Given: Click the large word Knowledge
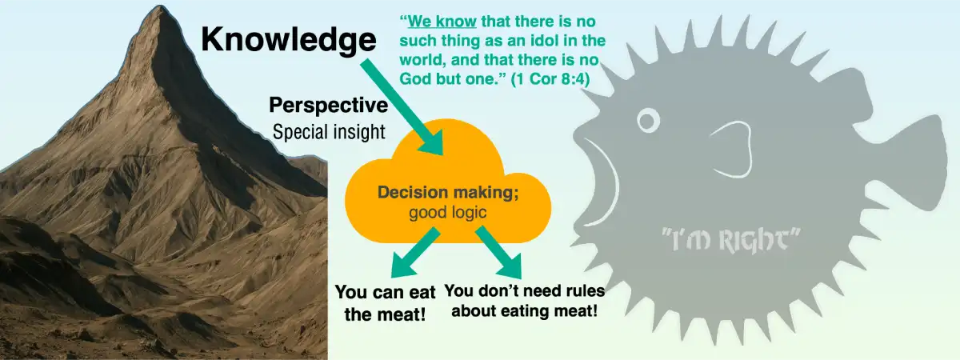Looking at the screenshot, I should [x=288, y=39].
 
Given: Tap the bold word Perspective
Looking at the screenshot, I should [x=329, y=106].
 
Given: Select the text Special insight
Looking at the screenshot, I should [x=329, y=132].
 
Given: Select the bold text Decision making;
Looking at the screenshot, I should [x=448, y=193].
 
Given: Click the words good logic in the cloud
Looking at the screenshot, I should [x=448, y=212].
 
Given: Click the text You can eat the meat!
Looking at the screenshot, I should [x=385, y=302].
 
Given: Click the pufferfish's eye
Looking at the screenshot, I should [x=649, y=121].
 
